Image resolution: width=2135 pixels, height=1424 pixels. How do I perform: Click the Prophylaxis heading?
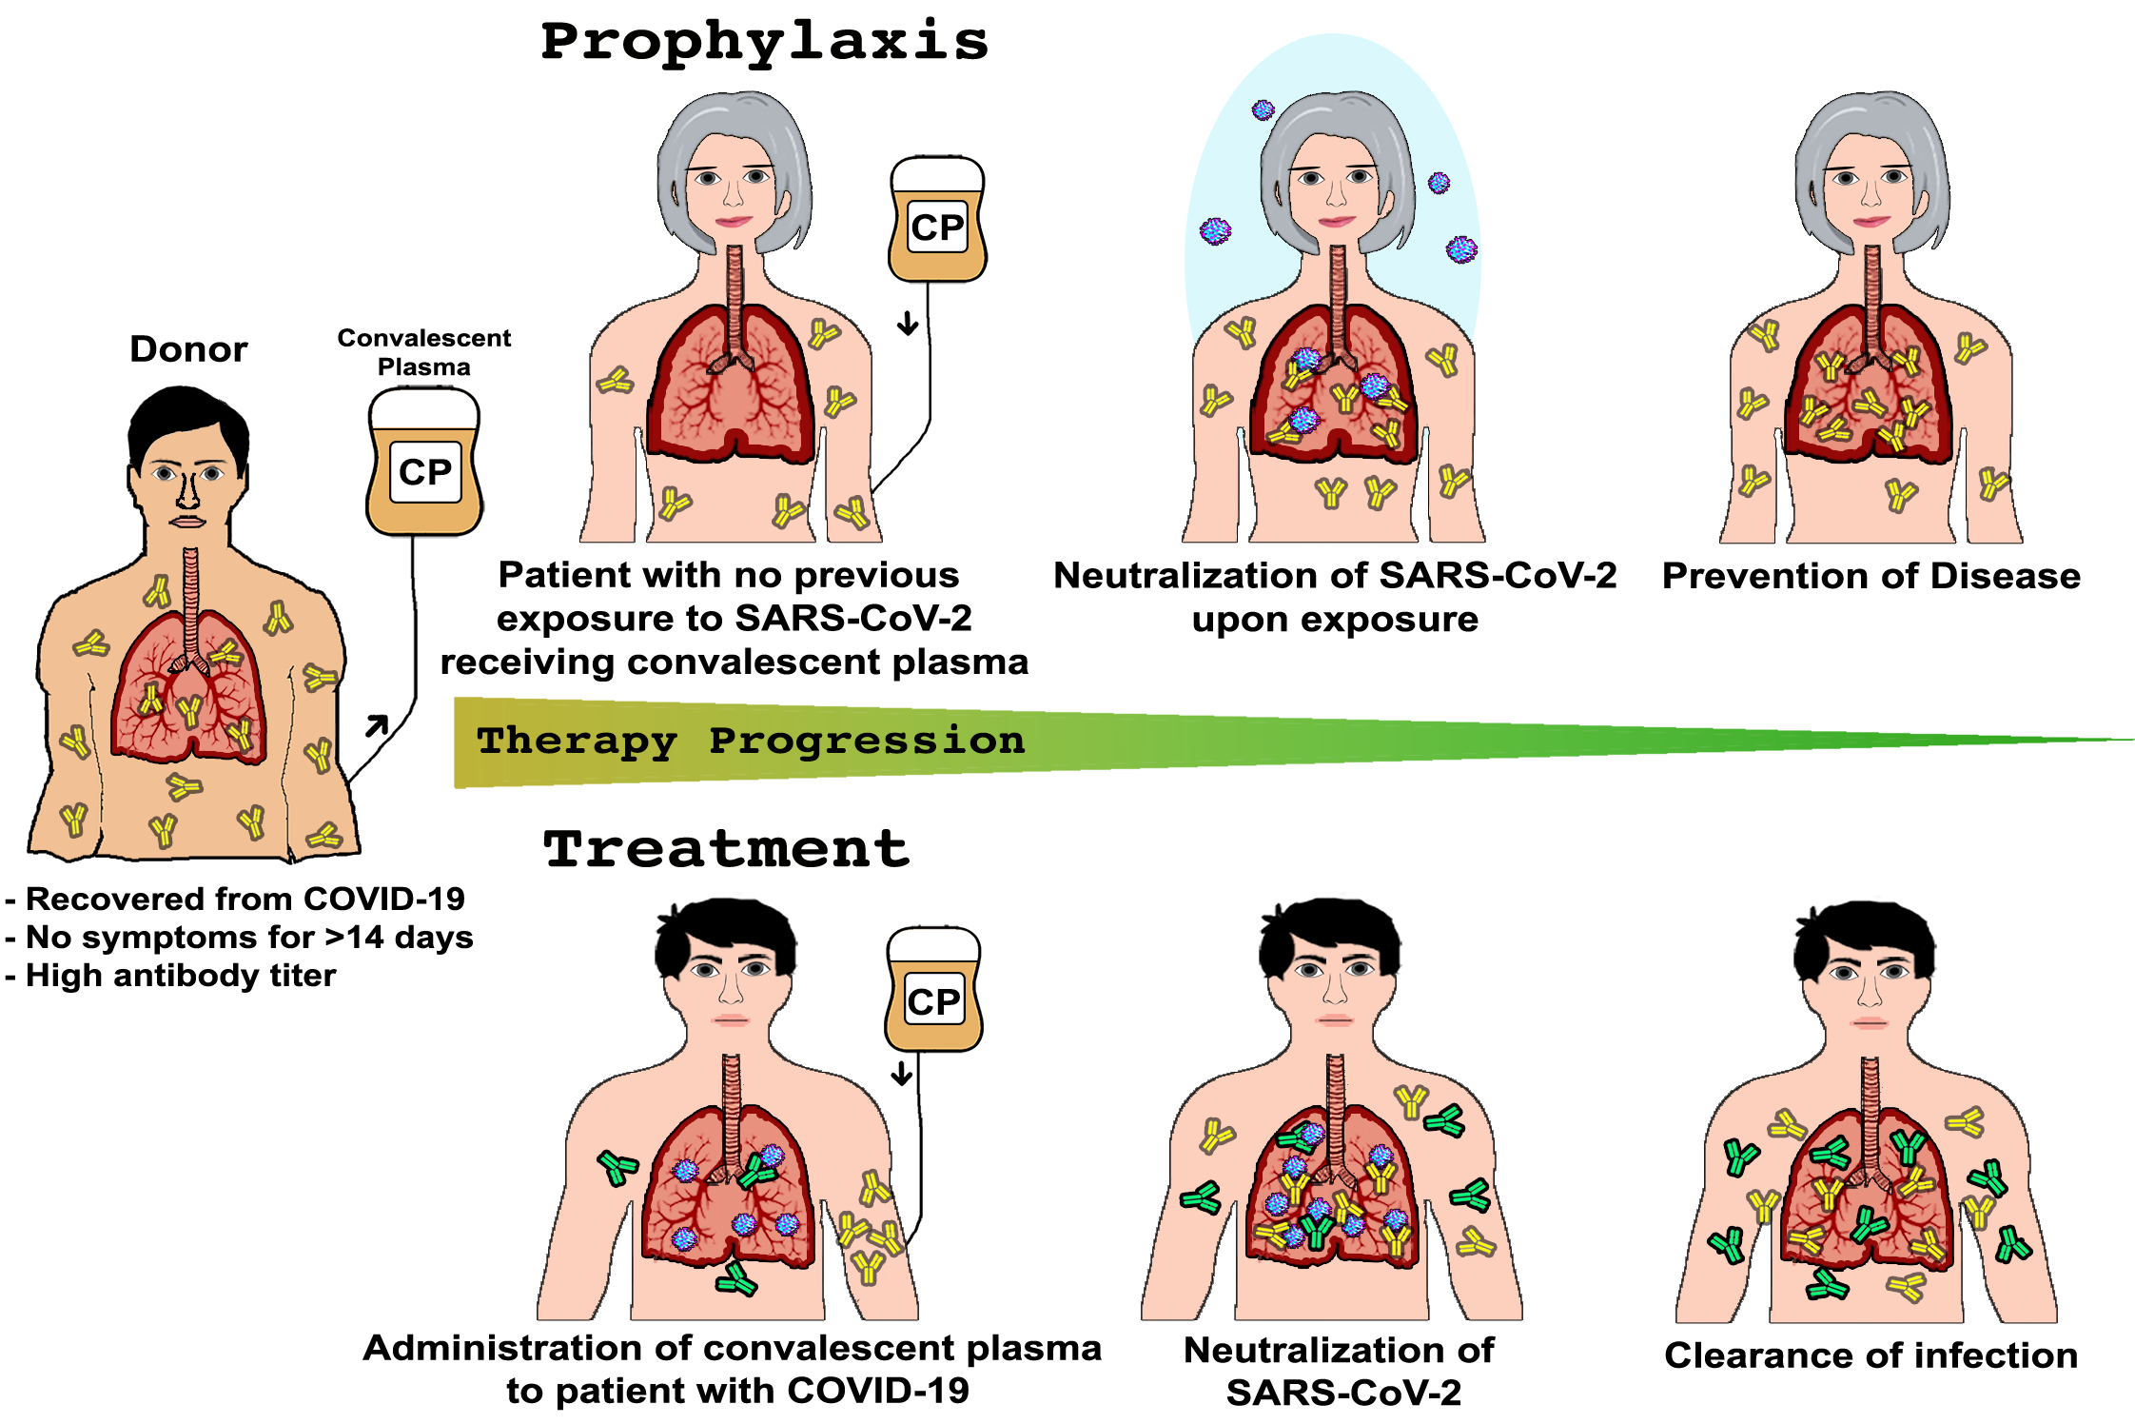coord(765,43)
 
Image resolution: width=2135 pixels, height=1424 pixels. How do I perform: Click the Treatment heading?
coord(726,849)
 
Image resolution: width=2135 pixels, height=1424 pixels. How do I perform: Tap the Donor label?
coord(188,349)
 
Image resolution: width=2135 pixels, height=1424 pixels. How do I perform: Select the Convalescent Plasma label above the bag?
coord(424,352)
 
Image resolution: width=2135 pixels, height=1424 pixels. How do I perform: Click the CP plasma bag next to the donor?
coord(424,462)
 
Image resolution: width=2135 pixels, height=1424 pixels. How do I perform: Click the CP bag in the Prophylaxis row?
coord(937,220)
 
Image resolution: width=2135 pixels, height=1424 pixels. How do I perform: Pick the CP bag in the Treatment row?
coord(933,990)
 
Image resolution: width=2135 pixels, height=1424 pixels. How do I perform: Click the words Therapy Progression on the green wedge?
coord(751,742)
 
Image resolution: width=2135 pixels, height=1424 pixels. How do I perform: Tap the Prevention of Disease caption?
coord(1871,576)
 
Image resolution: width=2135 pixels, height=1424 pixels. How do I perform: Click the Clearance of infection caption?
coord(1871,1355)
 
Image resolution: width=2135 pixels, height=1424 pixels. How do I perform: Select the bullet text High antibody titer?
coord(171,976)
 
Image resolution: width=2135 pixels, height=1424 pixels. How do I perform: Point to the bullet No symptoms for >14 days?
coord(239,938)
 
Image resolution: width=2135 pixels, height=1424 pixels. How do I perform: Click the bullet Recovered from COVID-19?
coord(235,899)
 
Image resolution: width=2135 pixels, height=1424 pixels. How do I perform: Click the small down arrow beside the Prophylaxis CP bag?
coord(908,324)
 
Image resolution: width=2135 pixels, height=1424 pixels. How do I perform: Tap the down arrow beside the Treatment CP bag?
coord(902,1074)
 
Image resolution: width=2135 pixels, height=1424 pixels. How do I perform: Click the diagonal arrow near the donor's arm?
coord(378,725)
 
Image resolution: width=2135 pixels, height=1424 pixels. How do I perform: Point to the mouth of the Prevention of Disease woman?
coord(1871,222)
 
